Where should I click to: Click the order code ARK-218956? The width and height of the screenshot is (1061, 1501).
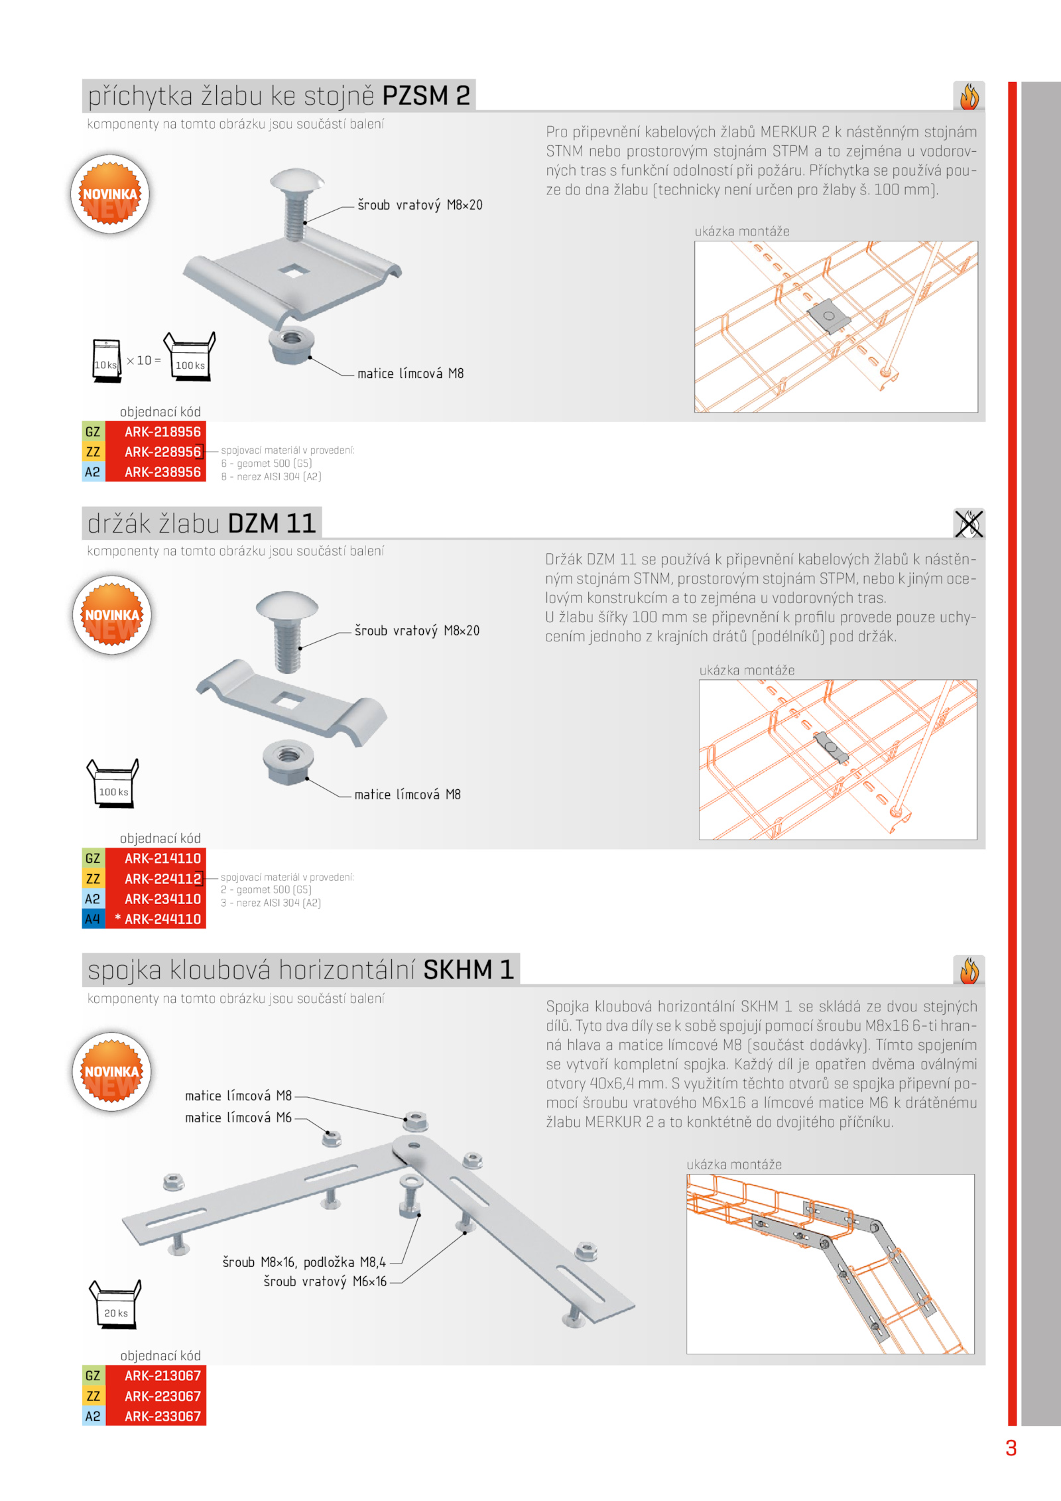[x=162, y=432]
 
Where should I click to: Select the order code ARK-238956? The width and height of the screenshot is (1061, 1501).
[x=162, y=472]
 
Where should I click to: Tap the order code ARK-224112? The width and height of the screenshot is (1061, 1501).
[x=162, y=879]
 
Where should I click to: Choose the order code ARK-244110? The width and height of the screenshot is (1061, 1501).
[x=162, y=919]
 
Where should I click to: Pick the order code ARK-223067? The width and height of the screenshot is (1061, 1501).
[x=162, y=1396]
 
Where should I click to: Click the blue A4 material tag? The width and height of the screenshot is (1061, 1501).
[x=93, y=919]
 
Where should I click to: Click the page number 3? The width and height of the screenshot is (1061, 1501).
[x=1011, y=1448]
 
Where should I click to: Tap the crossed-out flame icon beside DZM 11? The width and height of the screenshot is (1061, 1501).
[x=969, y=523]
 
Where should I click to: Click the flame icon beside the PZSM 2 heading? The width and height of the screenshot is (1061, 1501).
[x=969, y=97]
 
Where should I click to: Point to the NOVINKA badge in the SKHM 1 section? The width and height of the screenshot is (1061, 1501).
[x=112, y=1072]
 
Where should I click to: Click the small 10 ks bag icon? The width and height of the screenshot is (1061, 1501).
[x=106, y=360]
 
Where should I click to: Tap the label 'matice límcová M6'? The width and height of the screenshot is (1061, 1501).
[x=238, y=1118]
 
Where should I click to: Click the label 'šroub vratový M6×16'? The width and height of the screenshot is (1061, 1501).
[x=325, y=1281]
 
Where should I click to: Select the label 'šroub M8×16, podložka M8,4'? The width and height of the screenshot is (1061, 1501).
[x=304, y=1262]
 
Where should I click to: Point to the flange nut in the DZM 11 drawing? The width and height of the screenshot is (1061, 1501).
[x=288, y=762]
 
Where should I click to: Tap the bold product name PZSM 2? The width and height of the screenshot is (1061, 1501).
[x=426, y=96]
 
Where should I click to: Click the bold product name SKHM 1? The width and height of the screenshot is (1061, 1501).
[x=469, y=970]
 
